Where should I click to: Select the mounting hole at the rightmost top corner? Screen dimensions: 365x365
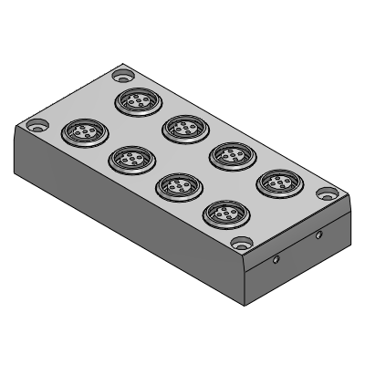coord(327,193)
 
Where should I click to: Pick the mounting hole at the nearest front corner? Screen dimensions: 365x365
coord(240,243)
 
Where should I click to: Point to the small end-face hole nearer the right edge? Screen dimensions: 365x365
coord(318,235)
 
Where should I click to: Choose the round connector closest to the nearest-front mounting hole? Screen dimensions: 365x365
coord(221,214)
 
